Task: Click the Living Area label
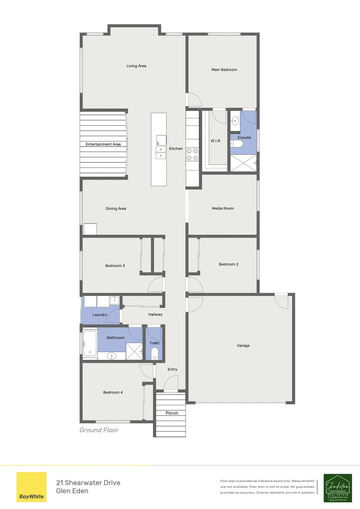136,66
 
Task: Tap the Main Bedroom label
224,70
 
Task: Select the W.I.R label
216,141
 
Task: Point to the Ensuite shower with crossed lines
243,163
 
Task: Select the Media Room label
222,208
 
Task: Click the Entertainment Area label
103,144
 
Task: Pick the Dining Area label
115,208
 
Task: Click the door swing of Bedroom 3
155,285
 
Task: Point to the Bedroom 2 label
229,264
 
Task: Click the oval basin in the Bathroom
112,356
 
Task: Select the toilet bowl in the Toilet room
154,353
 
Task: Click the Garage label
243,345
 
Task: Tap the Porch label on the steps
172,413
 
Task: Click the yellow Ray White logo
32,487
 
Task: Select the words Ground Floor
99,430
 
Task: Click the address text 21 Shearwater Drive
88,483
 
